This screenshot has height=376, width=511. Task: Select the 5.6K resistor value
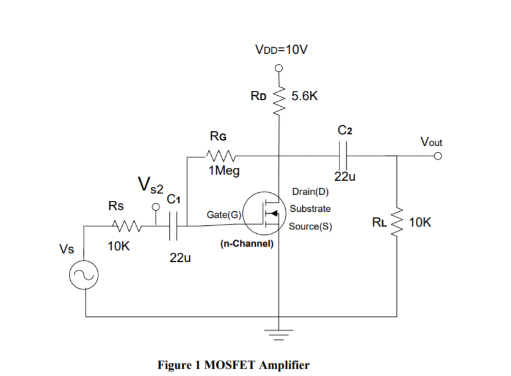tap(305, 96)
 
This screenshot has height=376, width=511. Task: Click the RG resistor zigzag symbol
tap(219, 155)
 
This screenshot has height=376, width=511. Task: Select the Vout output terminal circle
tap(437, 156)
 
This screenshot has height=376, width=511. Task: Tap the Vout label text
tap(431, 142)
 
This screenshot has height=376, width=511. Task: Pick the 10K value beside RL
tap(420, 223)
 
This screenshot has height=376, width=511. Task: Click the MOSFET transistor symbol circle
tap(263, 213)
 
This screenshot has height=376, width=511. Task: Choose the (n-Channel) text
tap(247, 244)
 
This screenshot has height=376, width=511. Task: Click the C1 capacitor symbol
tap(175, 226)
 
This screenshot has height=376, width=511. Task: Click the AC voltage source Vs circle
tap(84, 278)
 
